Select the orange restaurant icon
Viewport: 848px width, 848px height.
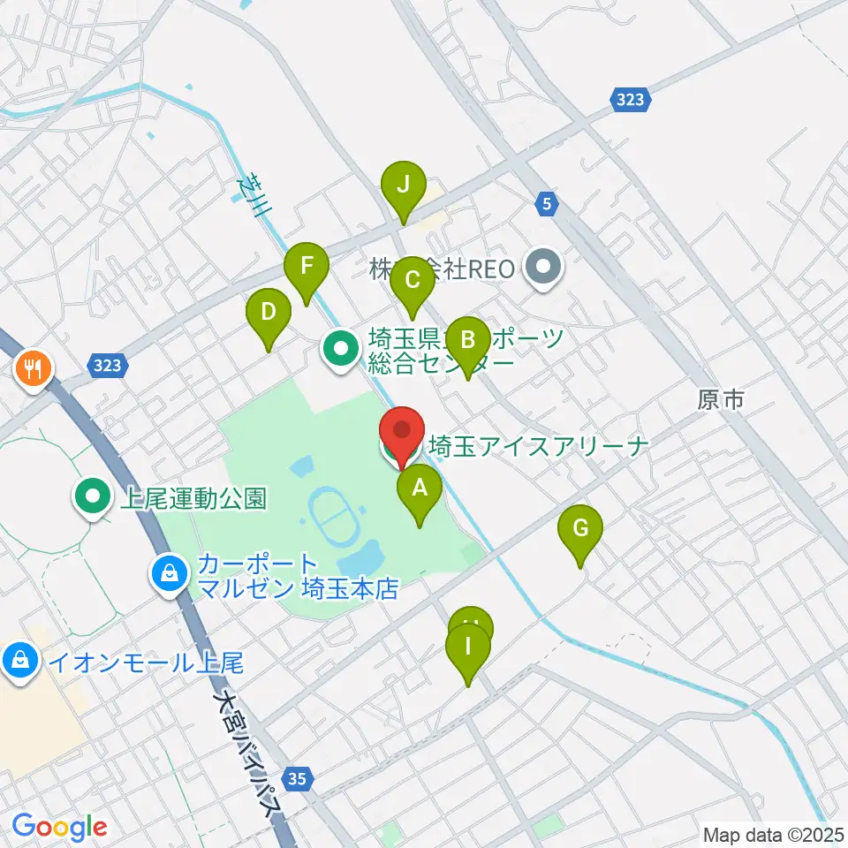coord(34,367)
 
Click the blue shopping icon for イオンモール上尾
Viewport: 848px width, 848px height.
coord(19,660)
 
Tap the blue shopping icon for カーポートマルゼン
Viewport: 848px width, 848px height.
coord(168,575)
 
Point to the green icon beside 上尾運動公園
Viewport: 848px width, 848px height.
coord(92,499)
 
